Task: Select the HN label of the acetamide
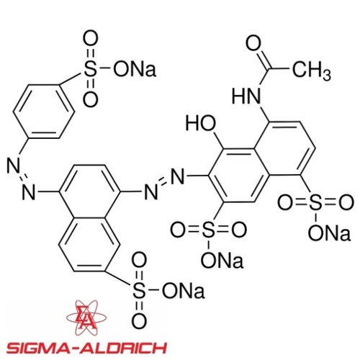tap(246, 96)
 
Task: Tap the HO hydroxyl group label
tap(201, 124)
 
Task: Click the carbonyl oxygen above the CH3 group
tap(253, 43)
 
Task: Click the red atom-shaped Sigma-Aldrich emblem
tap(86, 318)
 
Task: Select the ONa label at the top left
tap(135, 69)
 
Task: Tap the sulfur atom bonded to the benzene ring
tap(91, 69)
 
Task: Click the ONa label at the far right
tap(329, 233)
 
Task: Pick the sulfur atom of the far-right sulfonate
tap(315, 203)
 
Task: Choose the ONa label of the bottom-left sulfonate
tap(184, 290)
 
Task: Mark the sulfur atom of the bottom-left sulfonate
tap(139, 290)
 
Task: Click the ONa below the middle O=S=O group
tap(222, 260)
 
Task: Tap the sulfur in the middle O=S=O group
tap(208, 230)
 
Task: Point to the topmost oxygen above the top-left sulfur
tap(91, 39)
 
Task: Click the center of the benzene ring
tap(44, 112)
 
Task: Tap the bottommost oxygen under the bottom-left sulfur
tap(139, 320)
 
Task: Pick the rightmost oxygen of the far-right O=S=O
tap(346, 203)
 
